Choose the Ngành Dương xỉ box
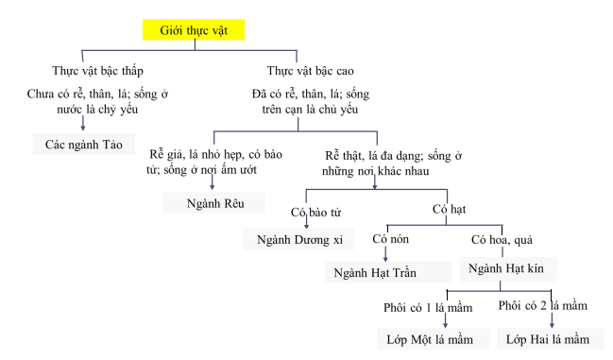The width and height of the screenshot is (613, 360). tap(299, 238)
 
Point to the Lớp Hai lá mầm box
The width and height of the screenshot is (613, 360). tap(553, 339)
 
